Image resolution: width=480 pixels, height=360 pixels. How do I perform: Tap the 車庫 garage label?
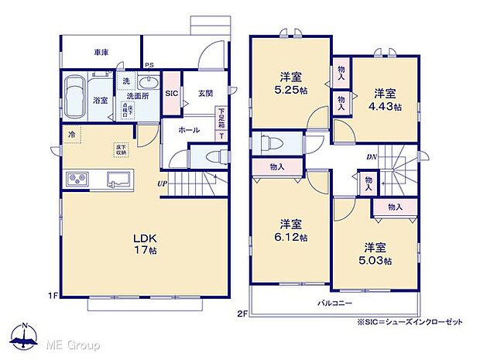[101, 53]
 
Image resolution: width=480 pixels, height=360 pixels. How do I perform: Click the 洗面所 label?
[139, 96]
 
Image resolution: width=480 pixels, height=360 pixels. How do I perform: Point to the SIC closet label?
[173, 93]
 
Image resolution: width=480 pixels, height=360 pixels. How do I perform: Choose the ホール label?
[188, 130]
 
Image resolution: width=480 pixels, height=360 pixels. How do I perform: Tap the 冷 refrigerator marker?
[72, 134]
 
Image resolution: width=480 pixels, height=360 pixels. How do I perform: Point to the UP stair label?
[162, 183]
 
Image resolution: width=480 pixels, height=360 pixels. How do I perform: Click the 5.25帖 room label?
[291, 84]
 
